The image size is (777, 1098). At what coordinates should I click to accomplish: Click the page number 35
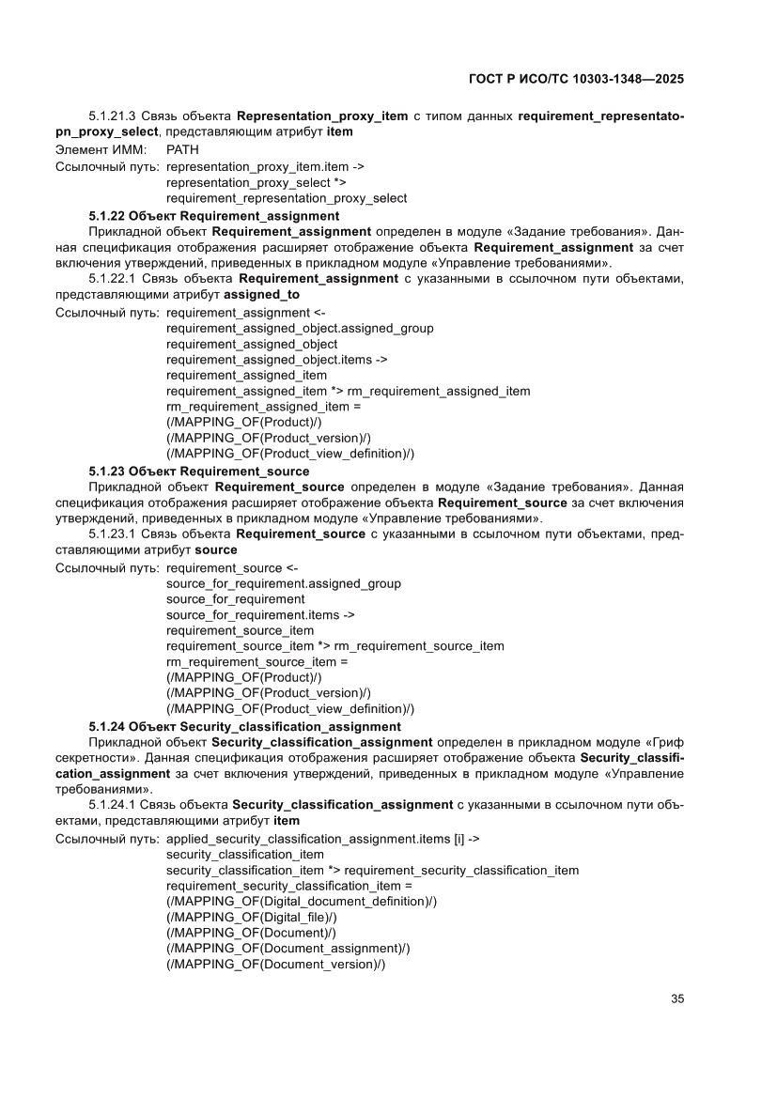[x=676, y=998]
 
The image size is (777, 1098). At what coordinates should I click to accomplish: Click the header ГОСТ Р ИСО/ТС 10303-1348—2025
[x=575, y=80]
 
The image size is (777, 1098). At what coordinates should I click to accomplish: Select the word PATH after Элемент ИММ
[x=182, y=149]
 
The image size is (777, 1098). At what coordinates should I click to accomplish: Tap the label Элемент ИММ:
[x=95, y=149]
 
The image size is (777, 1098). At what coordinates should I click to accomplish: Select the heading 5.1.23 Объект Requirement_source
[x=198, y=471]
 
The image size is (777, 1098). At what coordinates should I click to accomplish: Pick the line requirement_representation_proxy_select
[x=287, y=198]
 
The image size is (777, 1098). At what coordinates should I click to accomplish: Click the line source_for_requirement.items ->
[x=260, y=614]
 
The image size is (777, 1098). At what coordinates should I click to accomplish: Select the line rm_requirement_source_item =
[x=257, y=661]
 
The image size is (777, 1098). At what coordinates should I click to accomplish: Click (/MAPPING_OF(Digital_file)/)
[x=252, y=917]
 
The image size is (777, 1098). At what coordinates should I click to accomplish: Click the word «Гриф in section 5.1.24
[x=663, y=741]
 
